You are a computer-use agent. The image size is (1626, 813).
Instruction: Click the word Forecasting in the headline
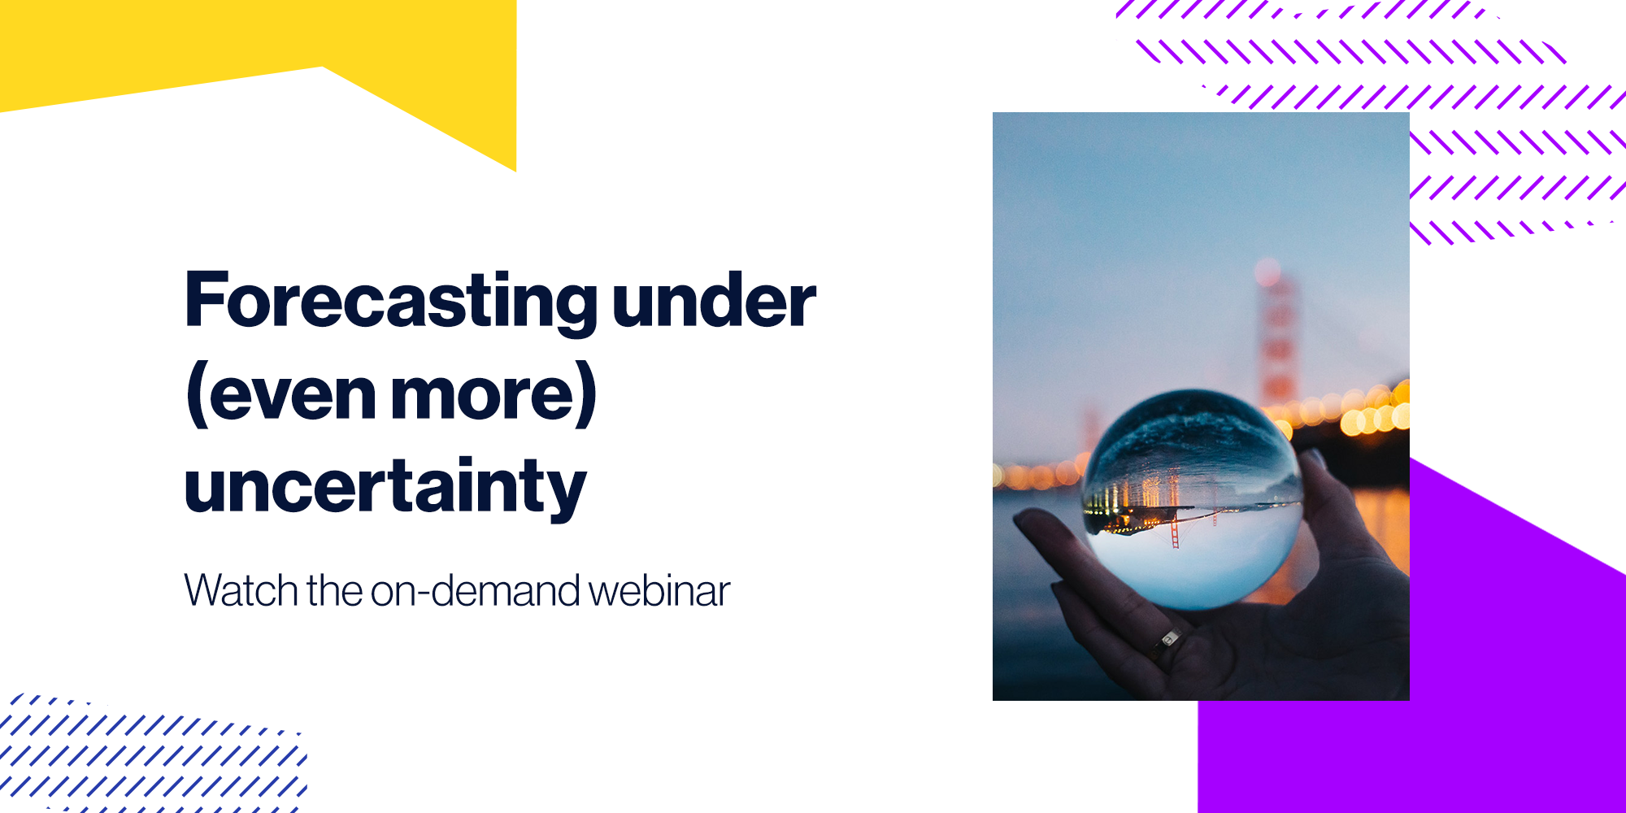pyautogui.click(x=392, y=302)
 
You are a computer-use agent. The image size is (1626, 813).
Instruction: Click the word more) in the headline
pyautogui.click(x=494, y=394)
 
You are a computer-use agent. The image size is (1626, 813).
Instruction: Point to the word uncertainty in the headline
pyautogui.click(x=385, y=488)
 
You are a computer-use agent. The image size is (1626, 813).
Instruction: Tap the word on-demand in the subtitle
pyautogui.click(x=476, y=590)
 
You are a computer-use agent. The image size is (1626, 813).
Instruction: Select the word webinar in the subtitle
pyautogui.click(x=659, y=590)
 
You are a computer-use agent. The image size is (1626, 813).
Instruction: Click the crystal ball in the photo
pyautogui.click(x=1193, y=499)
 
